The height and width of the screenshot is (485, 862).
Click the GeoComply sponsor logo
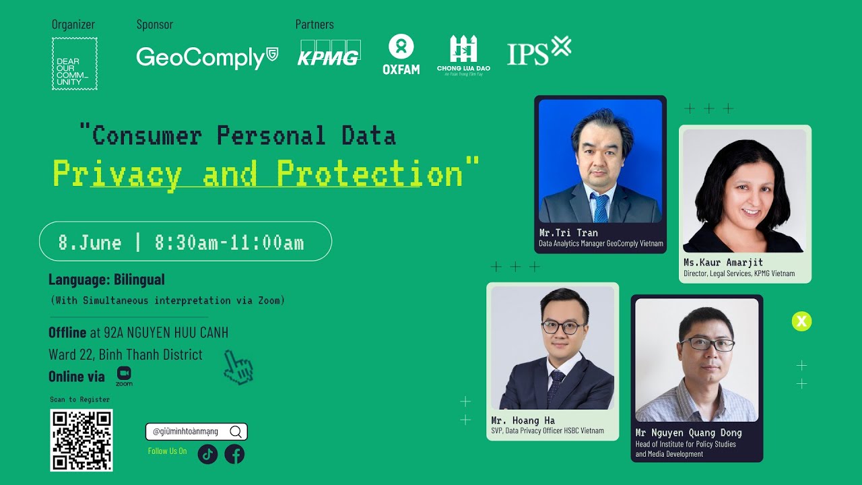click(207, 57)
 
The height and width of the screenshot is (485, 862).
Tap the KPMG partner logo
click(328, 54)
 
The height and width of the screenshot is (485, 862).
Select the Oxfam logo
click(401, 55)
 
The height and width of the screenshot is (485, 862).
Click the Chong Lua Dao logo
click(463, 54)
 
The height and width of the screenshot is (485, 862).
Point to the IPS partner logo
click(539, 51)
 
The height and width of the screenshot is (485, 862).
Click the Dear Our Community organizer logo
click(74, 63)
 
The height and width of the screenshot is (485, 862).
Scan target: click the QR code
click(81, 440)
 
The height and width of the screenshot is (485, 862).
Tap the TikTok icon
click(207, 454)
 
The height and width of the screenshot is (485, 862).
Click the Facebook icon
click(234, 454)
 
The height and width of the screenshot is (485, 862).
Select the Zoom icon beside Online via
click(124, 376)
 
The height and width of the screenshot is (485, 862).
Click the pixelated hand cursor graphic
click(238, 368)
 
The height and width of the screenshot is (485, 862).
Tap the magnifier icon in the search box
click(235, 432)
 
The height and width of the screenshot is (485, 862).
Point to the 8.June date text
click(90, 243)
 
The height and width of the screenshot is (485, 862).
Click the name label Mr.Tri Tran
click(568, 233)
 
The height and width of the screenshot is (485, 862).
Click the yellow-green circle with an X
click(801, 321)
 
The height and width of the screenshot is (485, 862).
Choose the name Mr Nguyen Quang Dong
click(688, 432)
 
